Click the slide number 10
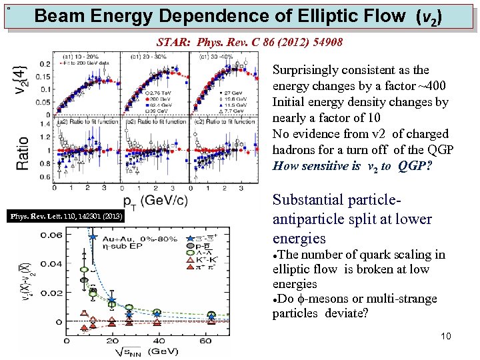click(x=446, y=336)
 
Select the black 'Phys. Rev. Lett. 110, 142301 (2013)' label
click(x=65, y=215)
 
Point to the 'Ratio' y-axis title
click(x=24, y=154)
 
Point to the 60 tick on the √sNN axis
click(x=207, y=341)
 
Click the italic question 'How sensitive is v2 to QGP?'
click(x=352, y=167)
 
